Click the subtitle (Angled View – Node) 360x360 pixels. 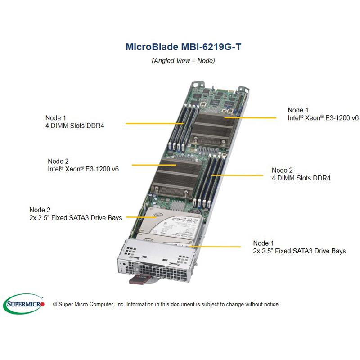[x=183, y=60]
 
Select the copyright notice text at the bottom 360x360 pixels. [x=166, y=304]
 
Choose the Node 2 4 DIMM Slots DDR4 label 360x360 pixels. [x=301, y=174]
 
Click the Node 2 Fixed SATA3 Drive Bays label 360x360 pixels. [x=76, y=214]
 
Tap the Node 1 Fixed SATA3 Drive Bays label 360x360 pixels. [x=299, y=247]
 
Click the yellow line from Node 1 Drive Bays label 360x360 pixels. [x=216, y=247]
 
